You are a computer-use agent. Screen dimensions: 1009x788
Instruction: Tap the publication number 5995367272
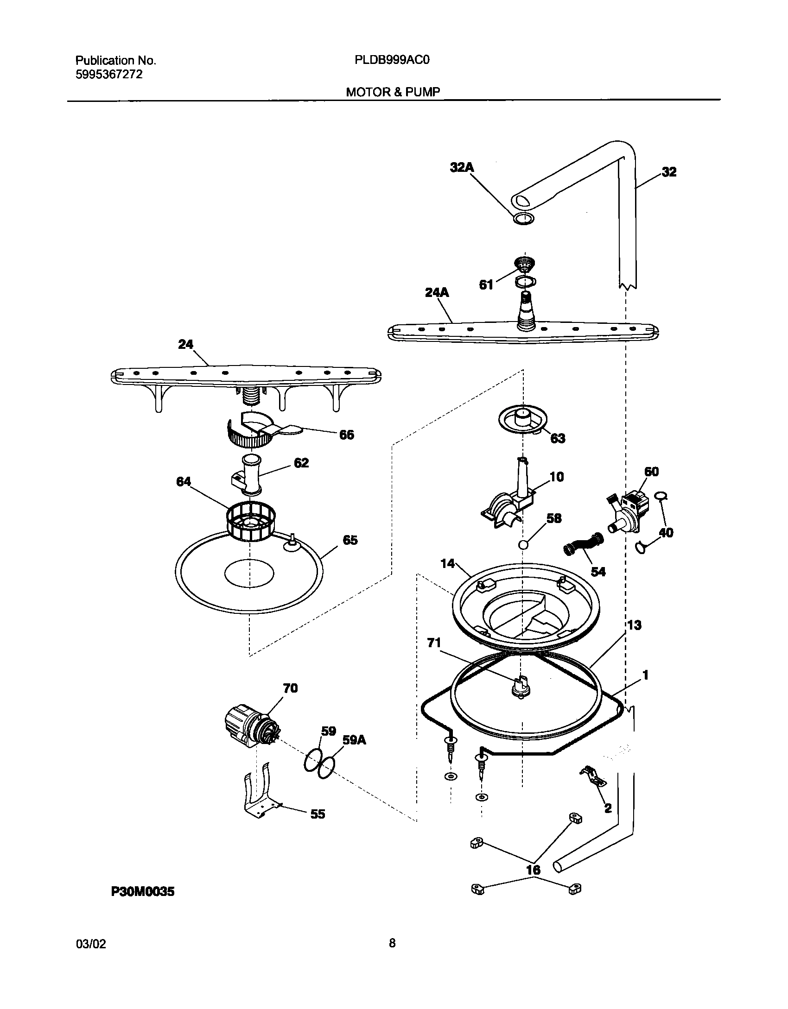tap(109, 75)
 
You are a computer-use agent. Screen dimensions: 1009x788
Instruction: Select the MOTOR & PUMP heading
tap(393, 92)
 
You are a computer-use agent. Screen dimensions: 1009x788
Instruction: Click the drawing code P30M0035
tap(143, 891)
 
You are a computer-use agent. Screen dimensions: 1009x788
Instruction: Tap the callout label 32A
tap(462, 167)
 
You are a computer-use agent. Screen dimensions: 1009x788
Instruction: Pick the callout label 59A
tap(354, 740)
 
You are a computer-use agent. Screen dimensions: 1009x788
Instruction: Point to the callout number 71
tap(434, 643)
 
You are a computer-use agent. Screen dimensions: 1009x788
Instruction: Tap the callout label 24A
tap(437, 292)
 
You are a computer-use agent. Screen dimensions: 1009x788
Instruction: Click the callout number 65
tap(350, 540)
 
